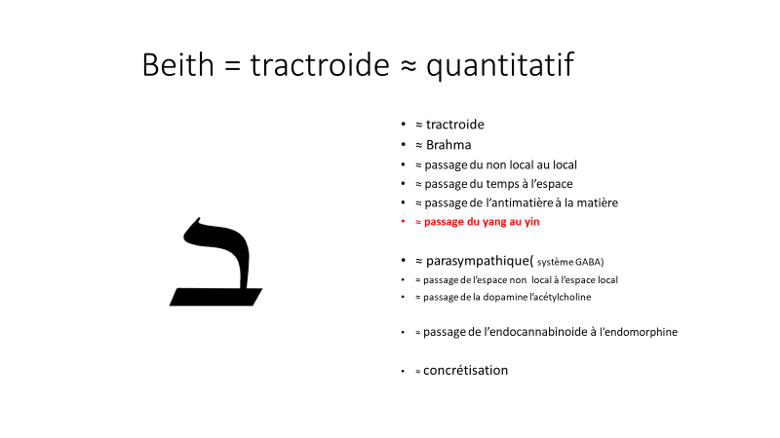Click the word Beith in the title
coord(177,64)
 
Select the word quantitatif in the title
coord(500,66)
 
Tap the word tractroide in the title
coord(320,64)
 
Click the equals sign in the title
coord(232,65)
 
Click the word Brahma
coord(448,144)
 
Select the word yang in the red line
coord(494,222)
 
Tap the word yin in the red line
coord(531,222)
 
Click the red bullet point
coord(403,221)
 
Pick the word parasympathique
coord(480,261)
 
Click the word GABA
coord(590,262)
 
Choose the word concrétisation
coord(466,371)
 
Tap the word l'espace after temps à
coord(552,184)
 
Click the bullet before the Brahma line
coord(403,144)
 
